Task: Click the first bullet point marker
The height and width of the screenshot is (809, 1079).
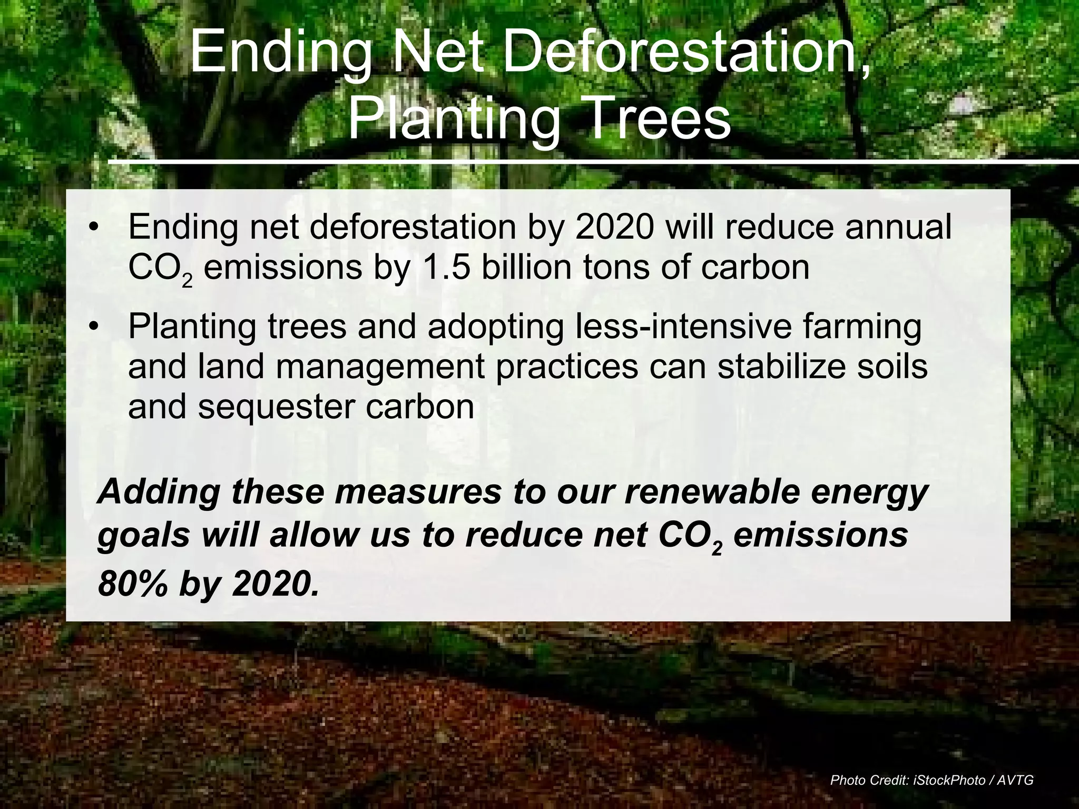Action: point(94,228)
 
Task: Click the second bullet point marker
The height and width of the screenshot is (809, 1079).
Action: point(94,327)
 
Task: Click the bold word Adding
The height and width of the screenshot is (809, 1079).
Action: point(159,493)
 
